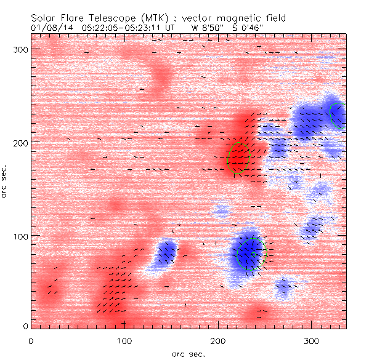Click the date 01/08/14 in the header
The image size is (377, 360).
pos(49,28)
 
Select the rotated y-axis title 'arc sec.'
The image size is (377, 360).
pos(5,180)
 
